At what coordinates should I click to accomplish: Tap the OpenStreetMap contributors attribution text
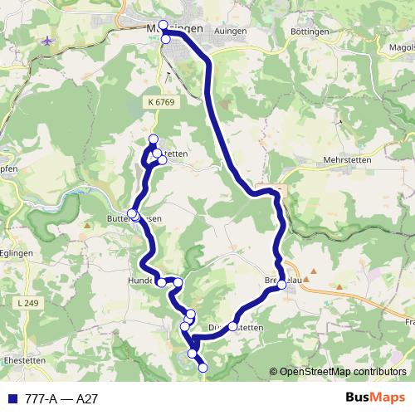tap(343, 372)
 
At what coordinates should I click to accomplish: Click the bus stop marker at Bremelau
tap(282, 285)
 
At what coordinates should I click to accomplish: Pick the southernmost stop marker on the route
tap(203, 367)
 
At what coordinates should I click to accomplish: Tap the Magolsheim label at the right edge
tap(399, 48)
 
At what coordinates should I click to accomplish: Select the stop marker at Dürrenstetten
tap(234, 325)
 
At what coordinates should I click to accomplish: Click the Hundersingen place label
tap(146, 281)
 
